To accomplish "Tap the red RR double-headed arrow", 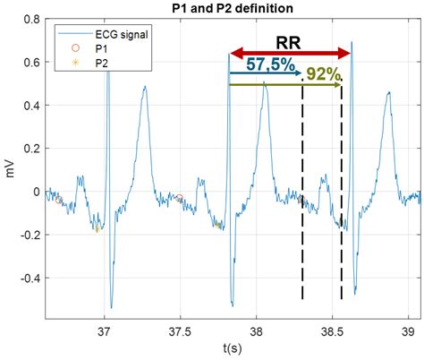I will coord(290,54).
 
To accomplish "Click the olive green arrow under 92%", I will coord(285,85).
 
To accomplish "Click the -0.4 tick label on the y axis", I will coord(31,278).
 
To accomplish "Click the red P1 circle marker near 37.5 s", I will coord(180,198).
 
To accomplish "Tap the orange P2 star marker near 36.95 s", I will coord(98,229).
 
